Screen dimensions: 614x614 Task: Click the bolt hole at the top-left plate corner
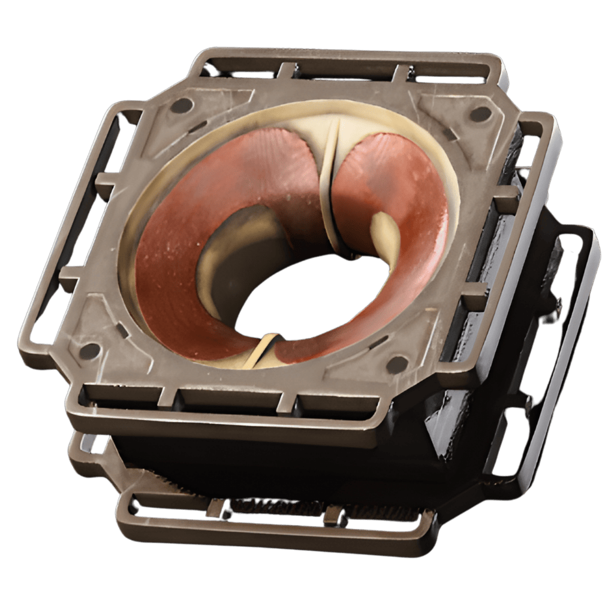tap(182, 106)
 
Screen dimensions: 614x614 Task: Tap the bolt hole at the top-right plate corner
tap(480, 113)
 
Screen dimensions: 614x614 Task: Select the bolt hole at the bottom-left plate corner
tap(89, 351)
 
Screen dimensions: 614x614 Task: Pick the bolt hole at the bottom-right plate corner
tap(397, 364)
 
